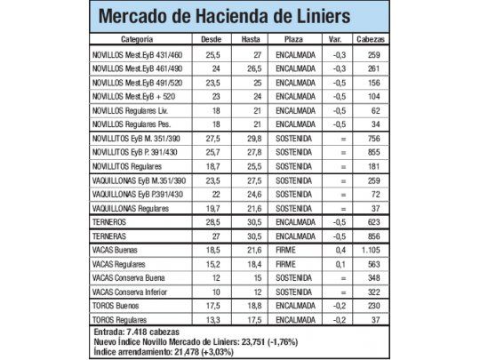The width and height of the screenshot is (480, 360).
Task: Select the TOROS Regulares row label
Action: point(124,317)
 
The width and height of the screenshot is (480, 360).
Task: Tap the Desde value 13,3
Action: point(212,317)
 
